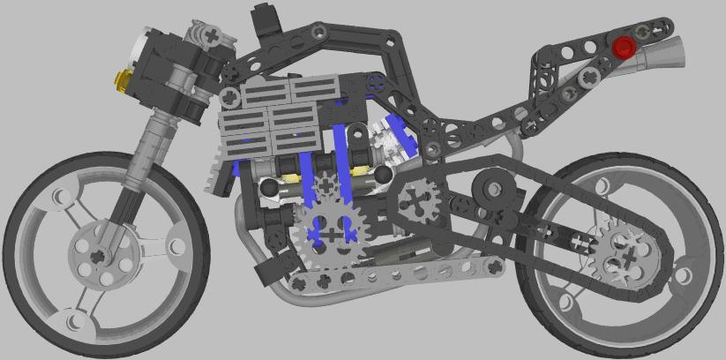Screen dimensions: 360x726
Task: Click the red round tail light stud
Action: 625,47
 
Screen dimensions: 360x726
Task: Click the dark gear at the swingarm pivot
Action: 415,201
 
